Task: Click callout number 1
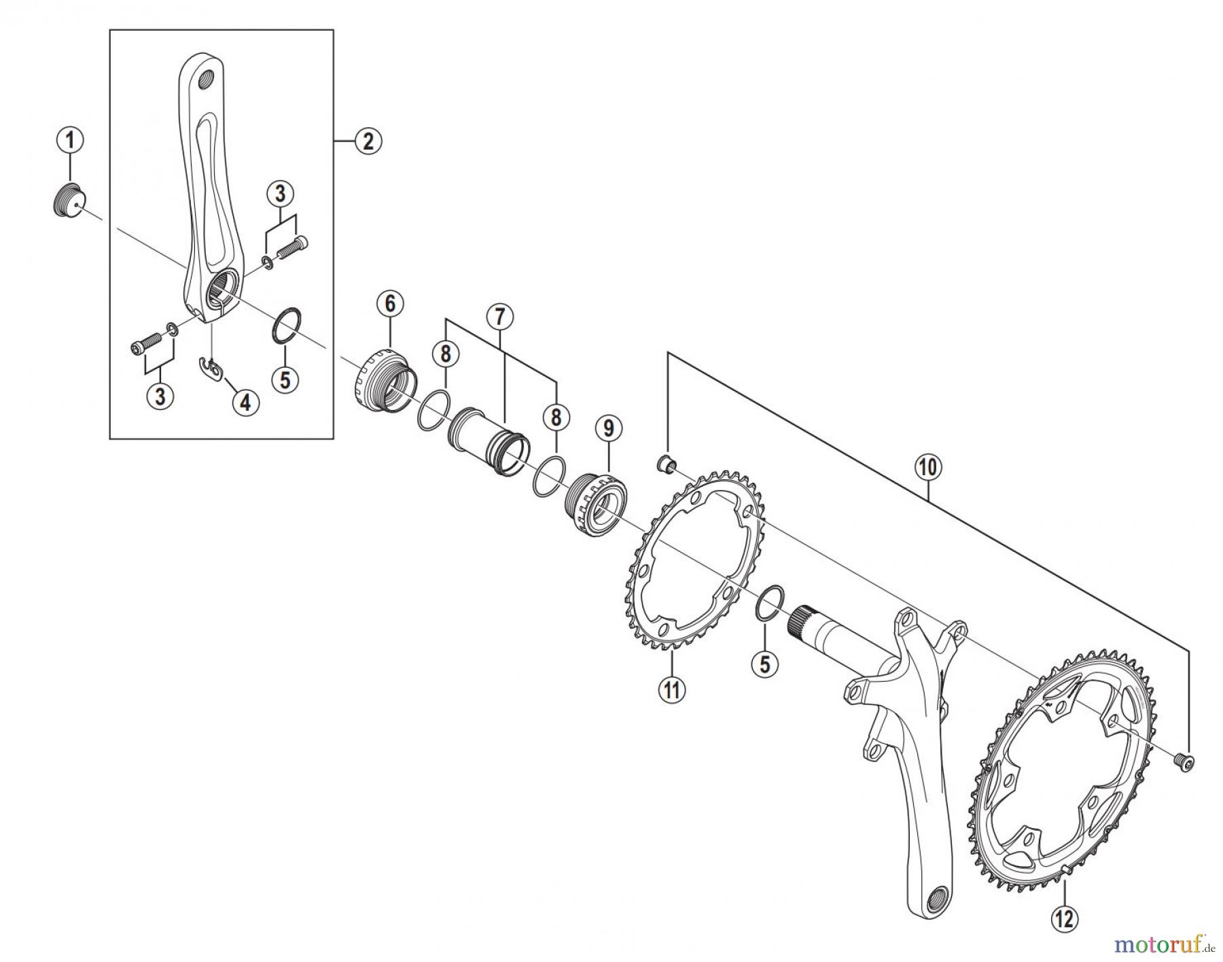coord(70,141)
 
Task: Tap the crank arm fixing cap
coord(67,199)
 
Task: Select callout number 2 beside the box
coord(368,141)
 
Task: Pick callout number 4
coord(245,402)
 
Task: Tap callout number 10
coord(929,468)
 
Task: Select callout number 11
coord(672,689)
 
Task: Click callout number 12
coord(1064,918)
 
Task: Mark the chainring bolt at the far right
coord(1186,763)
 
